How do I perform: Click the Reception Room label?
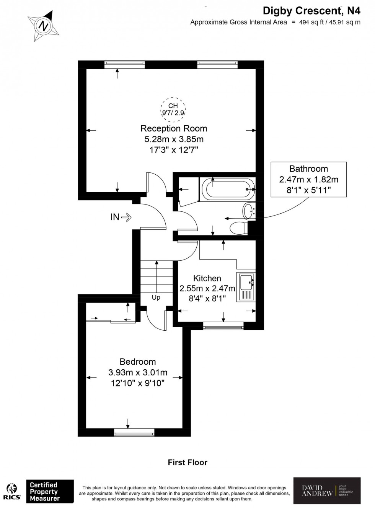[174, 128]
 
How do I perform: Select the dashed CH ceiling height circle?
[173, 109]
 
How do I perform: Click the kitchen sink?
[246, 286]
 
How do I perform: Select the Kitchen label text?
[207, 278]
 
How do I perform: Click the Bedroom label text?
[138, 362]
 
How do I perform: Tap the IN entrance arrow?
[121, 218]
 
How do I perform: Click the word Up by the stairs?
[156, 297]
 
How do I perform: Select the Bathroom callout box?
[308, 179]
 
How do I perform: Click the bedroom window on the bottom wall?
[134, 432]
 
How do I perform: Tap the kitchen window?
[223, 326]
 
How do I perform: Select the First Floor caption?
[187, 463]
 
